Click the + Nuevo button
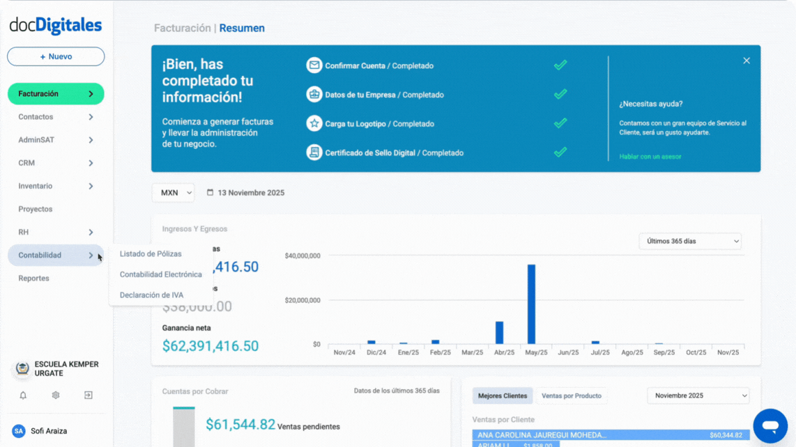[56, 56]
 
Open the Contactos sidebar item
[36, 117]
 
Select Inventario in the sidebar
[36, 186]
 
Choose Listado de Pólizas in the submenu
[151, 254]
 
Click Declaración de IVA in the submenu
[151, 295]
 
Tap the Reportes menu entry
[34, 278]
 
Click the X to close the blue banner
[747, 61]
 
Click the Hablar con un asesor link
[650, 157]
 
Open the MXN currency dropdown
[173, 193]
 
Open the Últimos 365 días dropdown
[689, 241]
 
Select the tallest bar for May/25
[531, 304]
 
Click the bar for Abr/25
[499, 333]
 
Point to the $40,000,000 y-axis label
[303, 256]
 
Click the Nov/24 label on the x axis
[344, 352]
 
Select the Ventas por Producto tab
[571, 396]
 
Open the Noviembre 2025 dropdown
[698, 395]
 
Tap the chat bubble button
[770, 425]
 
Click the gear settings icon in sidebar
[56, 395]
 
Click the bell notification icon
[23, 395]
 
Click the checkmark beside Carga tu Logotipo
[560, 123]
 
